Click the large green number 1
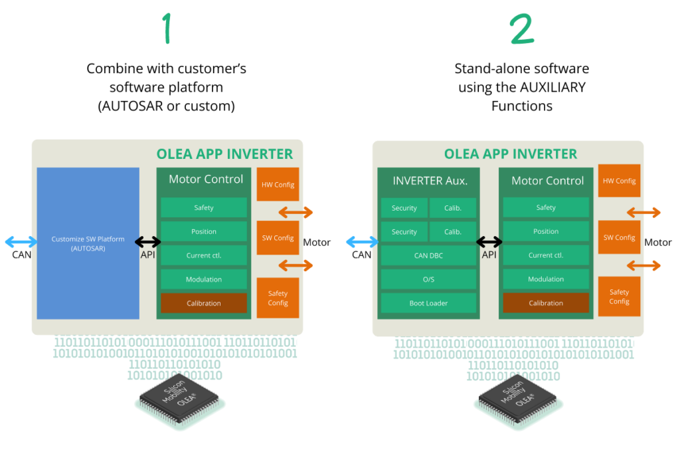(167, 29)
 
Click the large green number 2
(522, 29)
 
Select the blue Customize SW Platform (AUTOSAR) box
(88, 243)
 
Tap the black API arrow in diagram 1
(148, 242)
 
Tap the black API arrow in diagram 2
(489, 242)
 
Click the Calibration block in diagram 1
(204, 303)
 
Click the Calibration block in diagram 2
(546, 303)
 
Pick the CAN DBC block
(428, 256)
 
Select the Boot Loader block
(428, 303)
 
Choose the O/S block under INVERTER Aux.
(428, 279)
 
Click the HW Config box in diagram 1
(278, 185)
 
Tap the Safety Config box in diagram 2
(619, 296)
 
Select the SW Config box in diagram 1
(278, 238)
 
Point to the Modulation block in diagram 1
(204, 279)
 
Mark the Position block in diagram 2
(546, 231)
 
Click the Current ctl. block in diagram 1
(204, 255)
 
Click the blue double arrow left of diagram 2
(361, 242)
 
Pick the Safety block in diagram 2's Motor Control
(546, 207)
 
